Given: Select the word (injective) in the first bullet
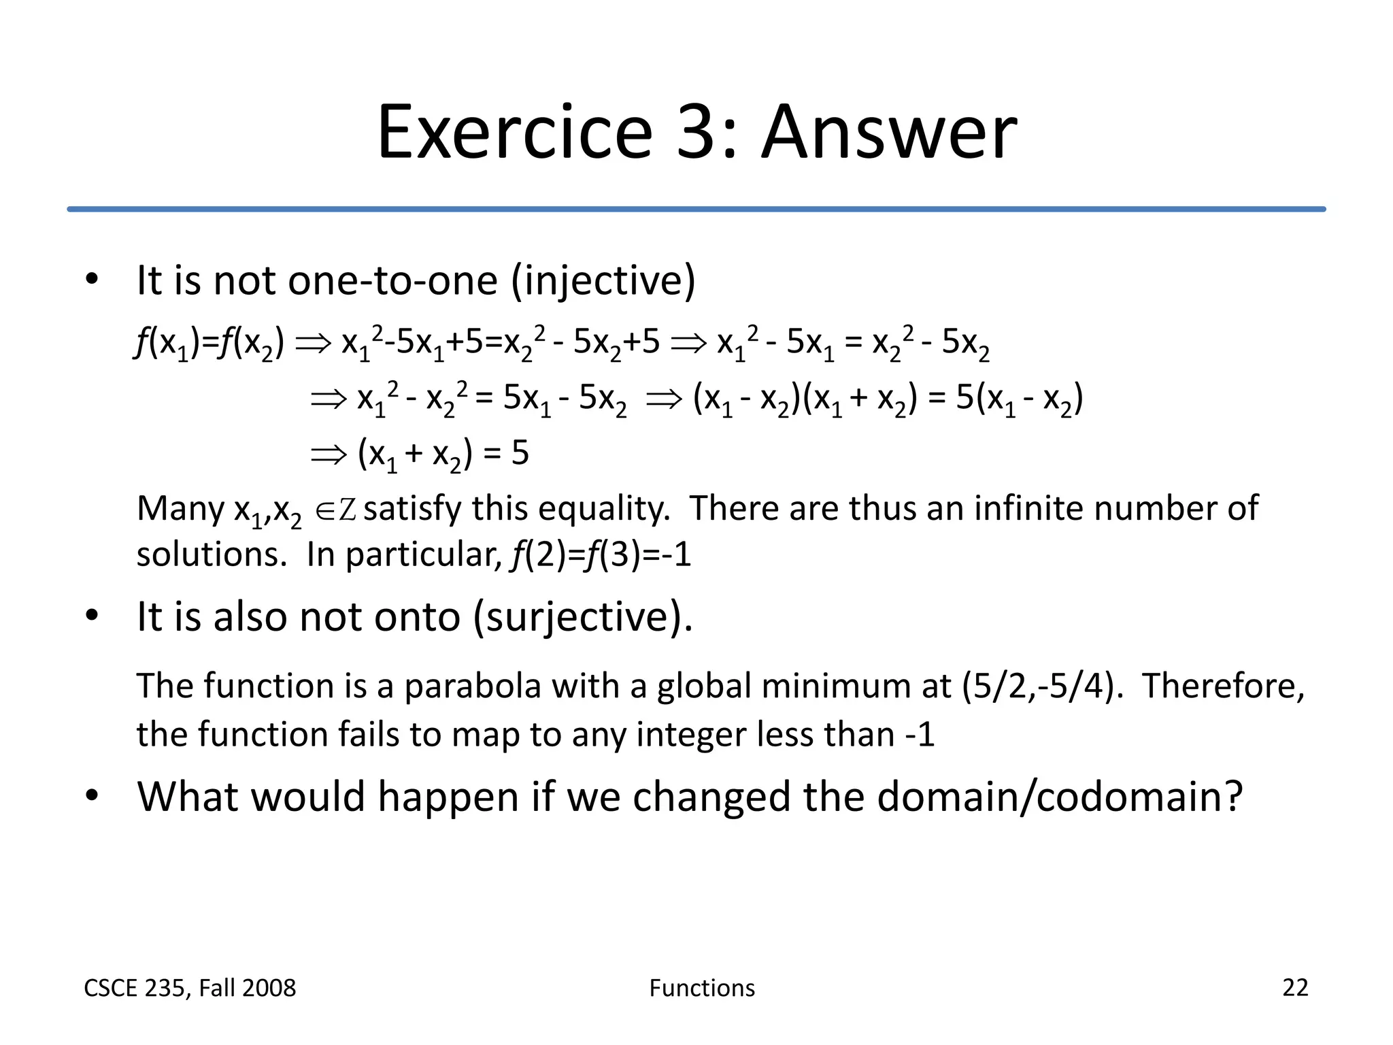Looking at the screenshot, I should point(603,280).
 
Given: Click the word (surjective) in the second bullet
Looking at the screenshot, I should point(582,617).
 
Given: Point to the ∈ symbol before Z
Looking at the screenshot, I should point(326,511).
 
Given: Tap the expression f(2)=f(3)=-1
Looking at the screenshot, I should point(600,554).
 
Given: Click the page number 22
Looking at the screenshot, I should point(1294,987).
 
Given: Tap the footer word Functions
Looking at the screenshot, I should point(702,988).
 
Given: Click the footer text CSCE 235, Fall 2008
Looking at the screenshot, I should point(190,988).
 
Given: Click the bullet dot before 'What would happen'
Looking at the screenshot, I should point(93,795).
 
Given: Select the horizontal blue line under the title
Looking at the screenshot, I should point(696,209).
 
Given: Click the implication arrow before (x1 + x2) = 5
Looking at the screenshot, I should point(328,454).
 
